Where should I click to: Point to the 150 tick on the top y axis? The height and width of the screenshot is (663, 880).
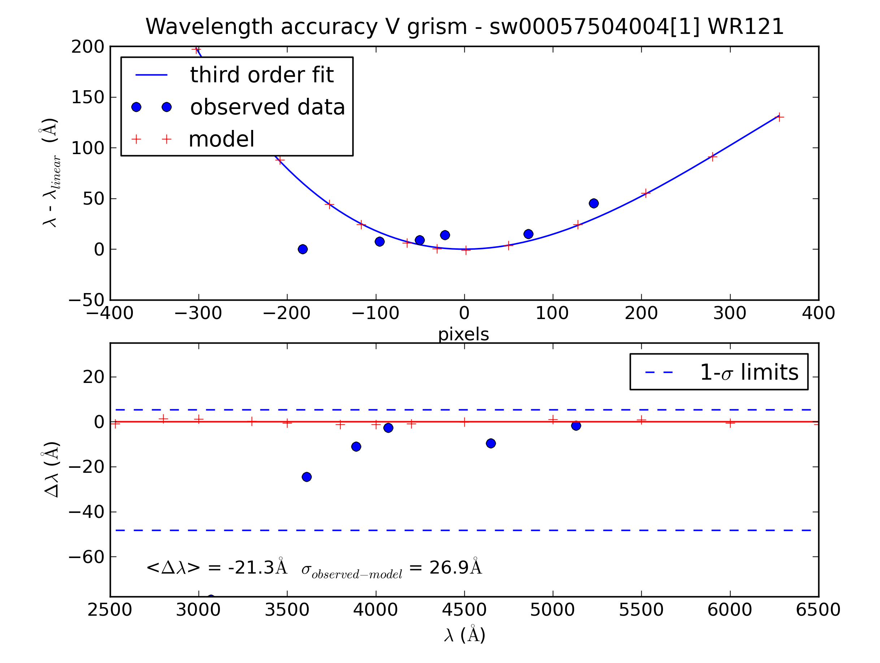point(87,97)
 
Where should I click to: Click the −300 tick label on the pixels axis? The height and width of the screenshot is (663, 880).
point(198,313)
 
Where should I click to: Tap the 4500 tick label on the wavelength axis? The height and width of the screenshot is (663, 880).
point(464,610)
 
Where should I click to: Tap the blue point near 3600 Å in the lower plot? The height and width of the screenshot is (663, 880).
point(306,477)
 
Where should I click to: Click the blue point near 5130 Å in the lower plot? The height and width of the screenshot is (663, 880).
point(576,426)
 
